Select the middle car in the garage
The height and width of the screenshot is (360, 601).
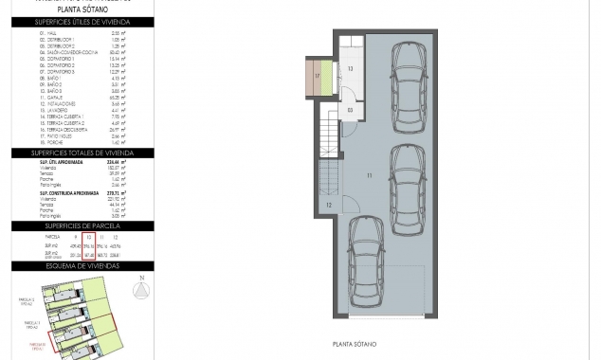(x=408, y=183)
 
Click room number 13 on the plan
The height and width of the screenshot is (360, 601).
(x=350, y=69)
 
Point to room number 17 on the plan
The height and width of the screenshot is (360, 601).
(x=317, y=75)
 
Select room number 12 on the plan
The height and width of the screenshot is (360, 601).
(x=329, y=205)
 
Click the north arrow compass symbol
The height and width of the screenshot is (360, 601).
(x=141, y=290)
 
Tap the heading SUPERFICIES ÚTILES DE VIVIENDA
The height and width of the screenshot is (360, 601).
(x=81, y=21)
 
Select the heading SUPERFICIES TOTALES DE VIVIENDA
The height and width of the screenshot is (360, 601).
(x=81, y=153)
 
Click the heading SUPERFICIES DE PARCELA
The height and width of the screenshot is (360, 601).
(x=81, y=226)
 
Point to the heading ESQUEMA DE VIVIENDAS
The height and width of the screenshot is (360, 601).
(x=81, y=266)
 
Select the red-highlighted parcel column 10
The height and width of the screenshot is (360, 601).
(x=88, y=245)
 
